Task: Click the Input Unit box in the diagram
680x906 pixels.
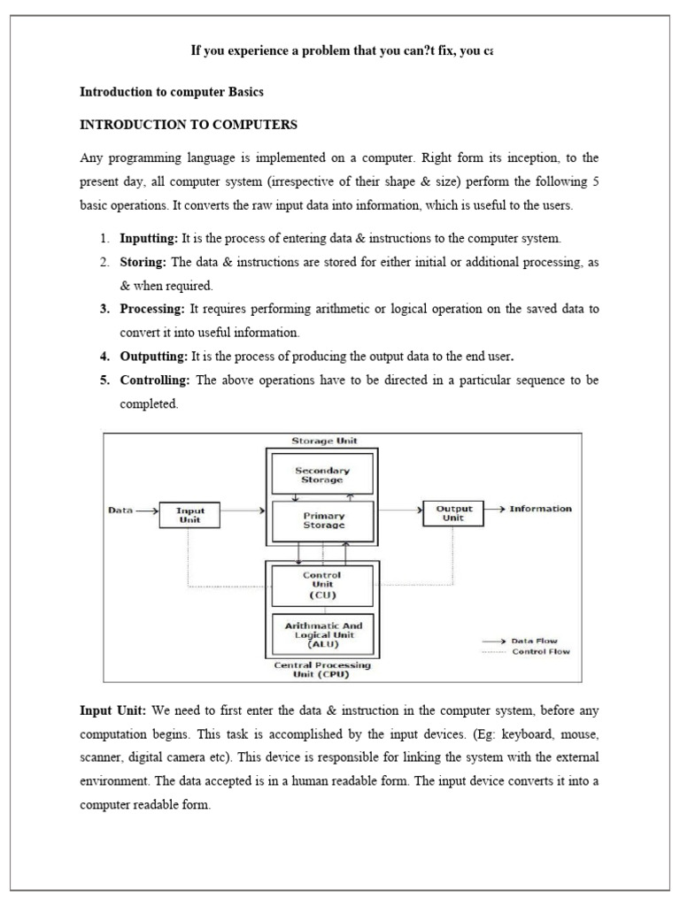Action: click(189, 515)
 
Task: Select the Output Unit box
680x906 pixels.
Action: click(455, 513)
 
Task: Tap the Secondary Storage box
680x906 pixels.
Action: click(322, 476)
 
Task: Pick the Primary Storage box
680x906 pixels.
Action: click(324, 520)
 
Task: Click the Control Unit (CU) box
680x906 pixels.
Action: click(322, 585)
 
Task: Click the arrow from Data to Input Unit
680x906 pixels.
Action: click(146, 511)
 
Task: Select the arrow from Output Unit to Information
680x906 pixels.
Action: click(497, 510)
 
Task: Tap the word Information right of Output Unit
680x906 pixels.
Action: click(540, 509)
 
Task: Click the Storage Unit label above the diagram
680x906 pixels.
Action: click(324, 440)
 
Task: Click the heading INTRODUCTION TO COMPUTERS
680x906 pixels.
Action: click(189, 125)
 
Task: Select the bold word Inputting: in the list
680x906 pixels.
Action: click(149, 239)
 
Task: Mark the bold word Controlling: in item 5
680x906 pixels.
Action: click(155, 380)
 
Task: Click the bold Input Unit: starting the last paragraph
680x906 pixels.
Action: click(114, 711)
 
